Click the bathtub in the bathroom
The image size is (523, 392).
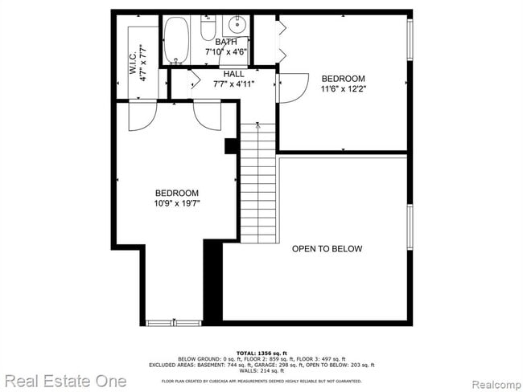[x=176, y=41]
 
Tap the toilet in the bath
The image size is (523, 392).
[x=208, y=30]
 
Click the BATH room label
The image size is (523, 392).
[x=226, y=41]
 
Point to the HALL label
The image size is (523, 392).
[x=234, y=73]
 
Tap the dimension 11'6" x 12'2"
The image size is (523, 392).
[x=344, y=89]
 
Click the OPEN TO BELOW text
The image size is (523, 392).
[x=327, y=249]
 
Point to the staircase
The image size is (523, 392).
[x=258, y=185]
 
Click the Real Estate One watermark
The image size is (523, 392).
[x=64, y=380]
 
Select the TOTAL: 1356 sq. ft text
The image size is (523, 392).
[x=261, y=353]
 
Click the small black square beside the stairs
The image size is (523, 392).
[x=230, y=145]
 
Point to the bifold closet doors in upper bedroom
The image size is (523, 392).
[x=282, y=41]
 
